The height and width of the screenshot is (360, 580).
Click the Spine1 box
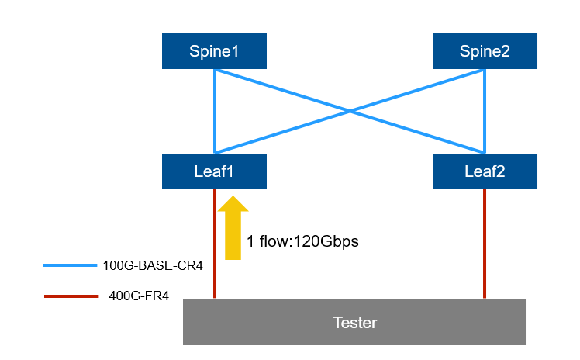coord(214,51)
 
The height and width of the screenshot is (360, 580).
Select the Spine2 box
coord(485,51)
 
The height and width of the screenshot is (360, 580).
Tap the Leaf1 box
coord(214,171)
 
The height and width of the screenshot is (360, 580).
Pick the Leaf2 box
coord(485,171)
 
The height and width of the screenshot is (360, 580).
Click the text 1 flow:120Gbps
coord(302,241)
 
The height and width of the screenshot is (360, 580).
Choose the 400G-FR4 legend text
coord(140,295)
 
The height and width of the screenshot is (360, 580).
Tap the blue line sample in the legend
coord(70,265)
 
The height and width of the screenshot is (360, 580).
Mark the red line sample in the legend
coord(70,296)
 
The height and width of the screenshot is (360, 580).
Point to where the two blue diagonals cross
coord(350,111)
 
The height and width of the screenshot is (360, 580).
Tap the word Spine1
coord(214,51)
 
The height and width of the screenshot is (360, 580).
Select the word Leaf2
coord(485,171)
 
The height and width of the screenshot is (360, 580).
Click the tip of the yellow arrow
coord(233,197)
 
